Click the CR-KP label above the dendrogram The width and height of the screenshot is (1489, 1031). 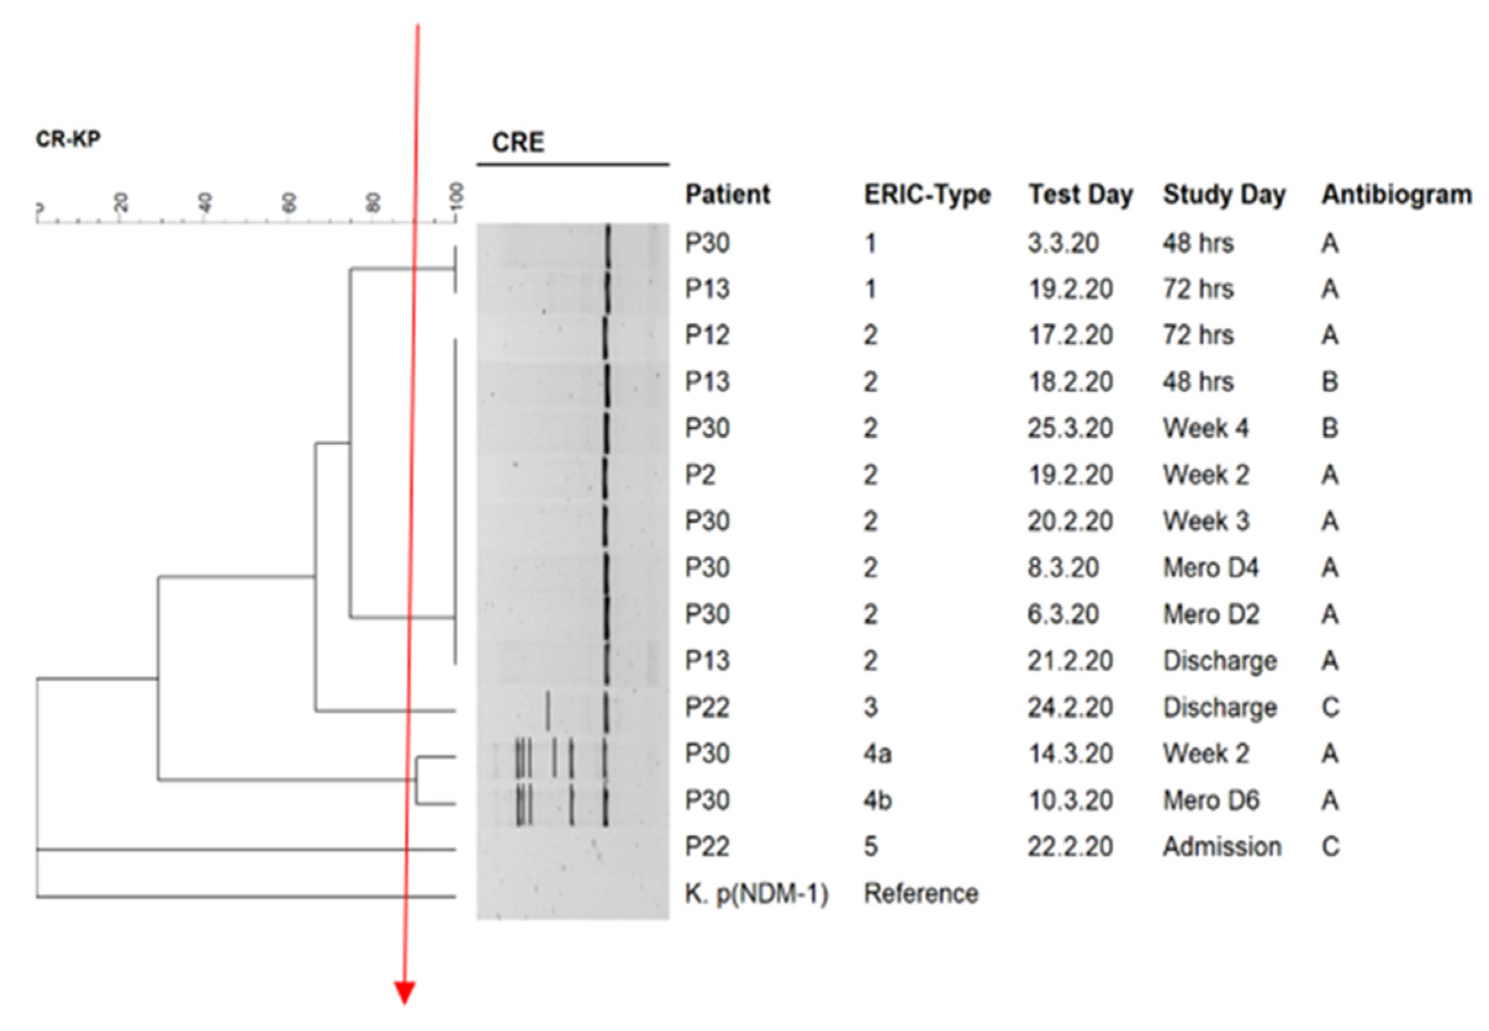[x=68, y=139]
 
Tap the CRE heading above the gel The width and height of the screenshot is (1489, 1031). [x=517, y=142]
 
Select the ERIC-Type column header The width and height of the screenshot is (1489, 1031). [x=927, y=194]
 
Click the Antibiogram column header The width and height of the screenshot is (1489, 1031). [x=1396, y=194]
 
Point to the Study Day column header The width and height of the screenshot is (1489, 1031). [x=1224, y=194]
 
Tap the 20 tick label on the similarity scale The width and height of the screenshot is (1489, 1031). [x=121, y=203]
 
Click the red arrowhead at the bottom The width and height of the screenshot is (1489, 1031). [x=405, y=992]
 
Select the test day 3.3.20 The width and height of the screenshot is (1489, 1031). [x=1063, y=243]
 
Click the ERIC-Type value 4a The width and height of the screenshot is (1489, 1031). [x=877, y=754]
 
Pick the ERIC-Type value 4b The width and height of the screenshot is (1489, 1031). [x=877, y=800]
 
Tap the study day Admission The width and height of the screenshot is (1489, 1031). [x=1221, y=846]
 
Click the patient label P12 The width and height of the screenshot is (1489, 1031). [x=707, y=335]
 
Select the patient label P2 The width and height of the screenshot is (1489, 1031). [x=700, y=475]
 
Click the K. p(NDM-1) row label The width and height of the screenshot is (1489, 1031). [x=756, y=894]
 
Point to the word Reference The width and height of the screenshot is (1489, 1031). [x=921, y=894]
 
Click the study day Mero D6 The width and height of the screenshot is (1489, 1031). [x=1210, y=800]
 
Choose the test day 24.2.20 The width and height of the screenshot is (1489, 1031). [x=1070, y=707]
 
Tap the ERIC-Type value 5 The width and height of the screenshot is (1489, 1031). [x=871, y=846]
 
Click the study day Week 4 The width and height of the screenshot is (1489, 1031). [x=1205, y=428]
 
